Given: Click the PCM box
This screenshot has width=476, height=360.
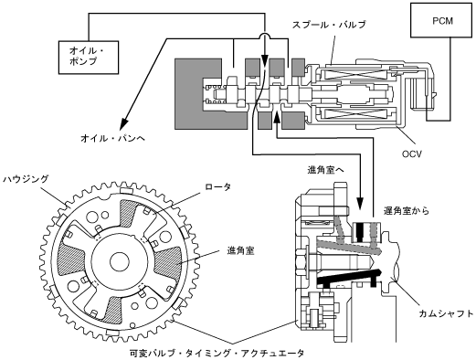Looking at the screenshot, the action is [x=442, y=21].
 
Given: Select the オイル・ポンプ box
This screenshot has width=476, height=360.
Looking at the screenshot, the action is [x=89, y=57].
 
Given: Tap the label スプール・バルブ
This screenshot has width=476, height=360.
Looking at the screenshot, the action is [x=329, y=25].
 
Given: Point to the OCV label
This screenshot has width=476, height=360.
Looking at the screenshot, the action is [x=412, y=154].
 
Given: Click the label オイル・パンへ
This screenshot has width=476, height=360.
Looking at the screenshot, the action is [x=113, y=139].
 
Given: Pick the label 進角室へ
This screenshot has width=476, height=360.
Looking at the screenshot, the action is [x=325, y=170].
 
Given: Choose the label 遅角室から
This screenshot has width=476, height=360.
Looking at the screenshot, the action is [x=407, y=210].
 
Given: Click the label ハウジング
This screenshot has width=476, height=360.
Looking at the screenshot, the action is [x=26, y=179].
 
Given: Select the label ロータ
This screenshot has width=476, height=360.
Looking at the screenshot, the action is [x=217, y=186].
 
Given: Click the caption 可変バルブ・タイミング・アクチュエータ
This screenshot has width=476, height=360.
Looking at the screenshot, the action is [x=217, y=354].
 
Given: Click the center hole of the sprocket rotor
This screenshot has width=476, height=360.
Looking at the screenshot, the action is [x=120, y=261].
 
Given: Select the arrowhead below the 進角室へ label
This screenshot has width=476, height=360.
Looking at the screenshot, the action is [x=360, y=204].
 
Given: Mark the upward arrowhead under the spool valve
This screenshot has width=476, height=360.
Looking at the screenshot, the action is [x=277, y=118].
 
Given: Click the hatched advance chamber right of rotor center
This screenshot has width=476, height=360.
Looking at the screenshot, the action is [x=168, y=263].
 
